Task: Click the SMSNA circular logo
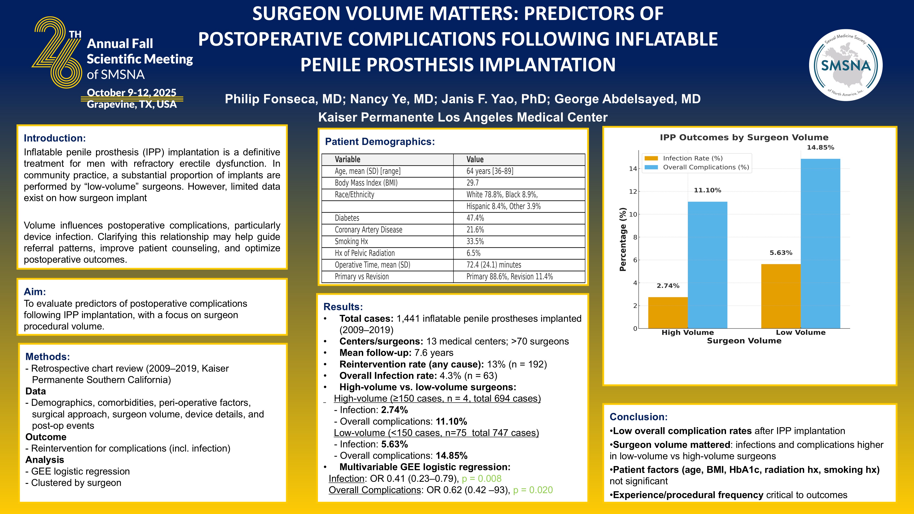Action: point(846,65)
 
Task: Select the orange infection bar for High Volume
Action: point(668,312)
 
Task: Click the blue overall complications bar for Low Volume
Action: point(820,243)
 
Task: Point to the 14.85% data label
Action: point(820,148)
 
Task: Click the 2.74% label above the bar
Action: point(668,286)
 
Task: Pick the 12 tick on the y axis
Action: point(633,191)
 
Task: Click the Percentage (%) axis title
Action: point(623,239)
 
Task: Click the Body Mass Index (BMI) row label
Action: point(366,183)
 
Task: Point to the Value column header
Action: point(475,159)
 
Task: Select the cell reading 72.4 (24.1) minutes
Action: point(494,265)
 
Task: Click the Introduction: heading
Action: point(55,138)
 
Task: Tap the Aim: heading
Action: point(35,291)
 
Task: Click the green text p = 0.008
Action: point(482,479)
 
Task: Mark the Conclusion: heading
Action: point(638,417)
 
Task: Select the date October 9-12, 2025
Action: point(131,93)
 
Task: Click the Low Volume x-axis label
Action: point(800,332)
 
